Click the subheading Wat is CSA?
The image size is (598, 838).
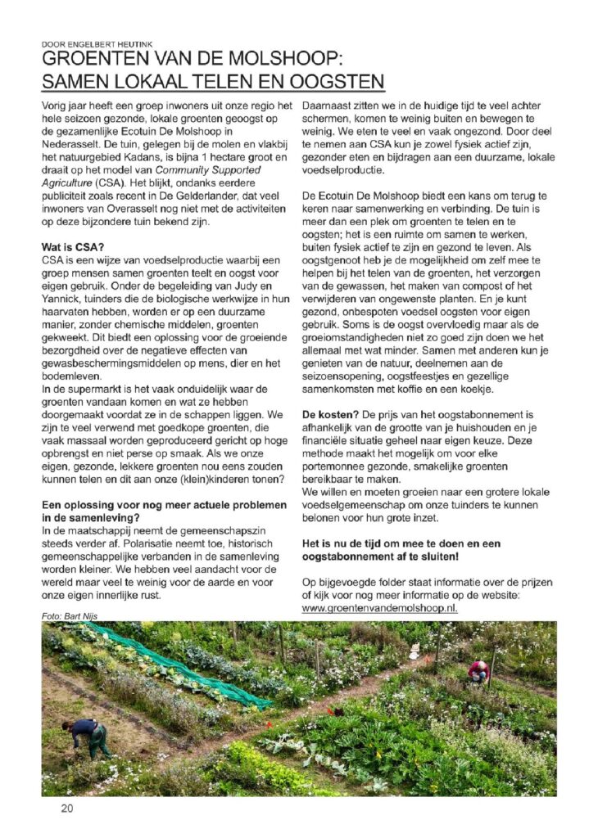pyautogui.click(x=73, y=247)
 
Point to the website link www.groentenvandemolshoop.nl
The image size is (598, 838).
pyautogui.click(x=379, y=609)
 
